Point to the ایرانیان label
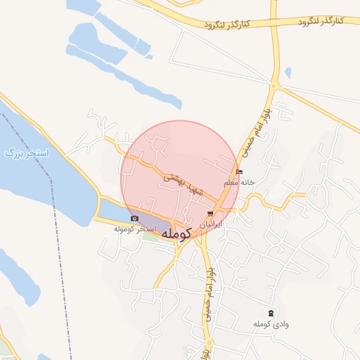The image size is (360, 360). [x=212, y=224]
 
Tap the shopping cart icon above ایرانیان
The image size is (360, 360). [x=210, y=214]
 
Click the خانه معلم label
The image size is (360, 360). [x=238, y=183]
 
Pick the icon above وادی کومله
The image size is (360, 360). [x=271, y=312]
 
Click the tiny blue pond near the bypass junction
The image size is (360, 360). [x=288, y=72]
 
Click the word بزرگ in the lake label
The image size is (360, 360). [x=15, y=153]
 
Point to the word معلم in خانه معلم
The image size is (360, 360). [x=231, y=183]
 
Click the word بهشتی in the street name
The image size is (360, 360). [x=174, y=180]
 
